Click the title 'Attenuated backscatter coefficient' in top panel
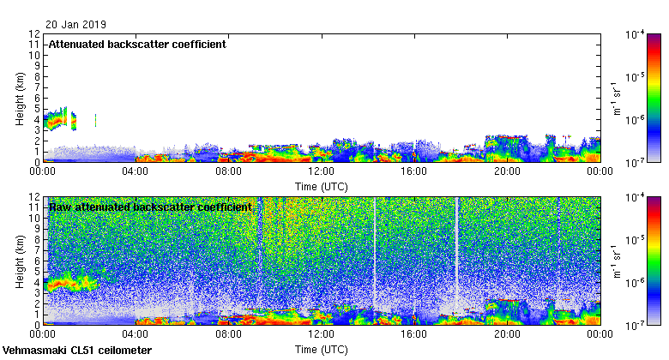(x=137, y=44)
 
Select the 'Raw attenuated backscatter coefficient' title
(x=150, y=207)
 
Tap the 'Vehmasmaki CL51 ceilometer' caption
(x=77, y=351)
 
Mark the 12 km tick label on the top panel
(x=34, y=34)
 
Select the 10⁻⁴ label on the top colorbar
(x=636, y=34)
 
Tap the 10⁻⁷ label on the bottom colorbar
(x=636, y=326)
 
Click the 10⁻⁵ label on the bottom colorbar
(x=636, y=241)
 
